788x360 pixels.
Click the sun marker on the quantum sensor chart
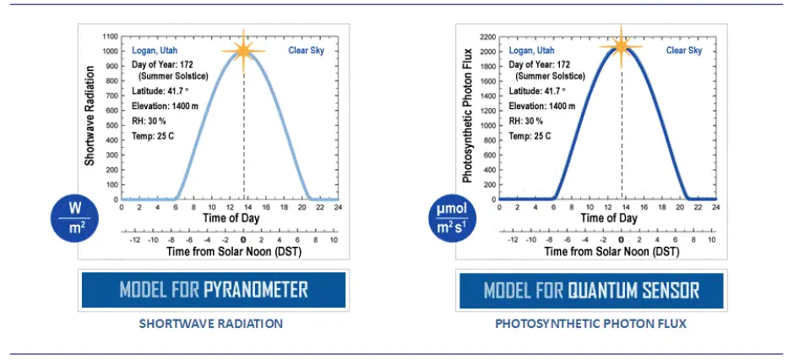[622, 44]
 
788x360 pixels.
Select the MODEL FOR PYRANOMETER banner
[213, 291]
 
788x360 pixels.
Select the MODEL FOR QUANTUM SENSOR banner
[591, 291]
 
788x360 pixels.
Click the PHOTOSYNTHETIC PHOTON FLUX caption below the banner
[591, 324]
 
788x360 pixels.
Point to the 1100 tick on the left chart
[110, 37]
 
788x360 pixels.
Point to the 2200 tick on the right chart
[486, 37]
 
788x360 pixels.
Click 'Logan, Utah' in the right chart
[531, 51]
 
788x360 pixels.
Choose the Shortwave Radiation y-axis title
[90, 118]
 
